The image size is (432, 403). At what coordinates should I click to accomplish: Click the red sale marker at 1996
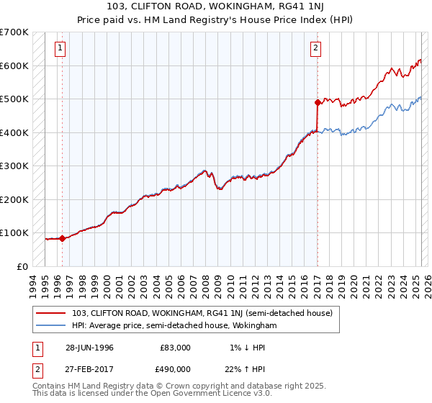pos(62,238)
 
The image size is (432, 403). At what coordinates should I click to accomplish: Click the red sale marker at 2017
pos(318,103)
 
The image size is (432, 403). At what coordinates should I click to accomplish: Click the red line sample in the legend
pos(51,313)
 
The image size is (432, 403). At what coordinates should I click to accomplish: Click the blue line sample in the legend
pos(51,325)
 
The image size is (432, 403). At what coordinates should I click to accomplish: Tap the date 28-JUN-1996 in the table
pos(89,347)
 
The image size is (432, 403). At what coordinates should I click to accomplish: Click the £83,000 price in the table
pos(175,347)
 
